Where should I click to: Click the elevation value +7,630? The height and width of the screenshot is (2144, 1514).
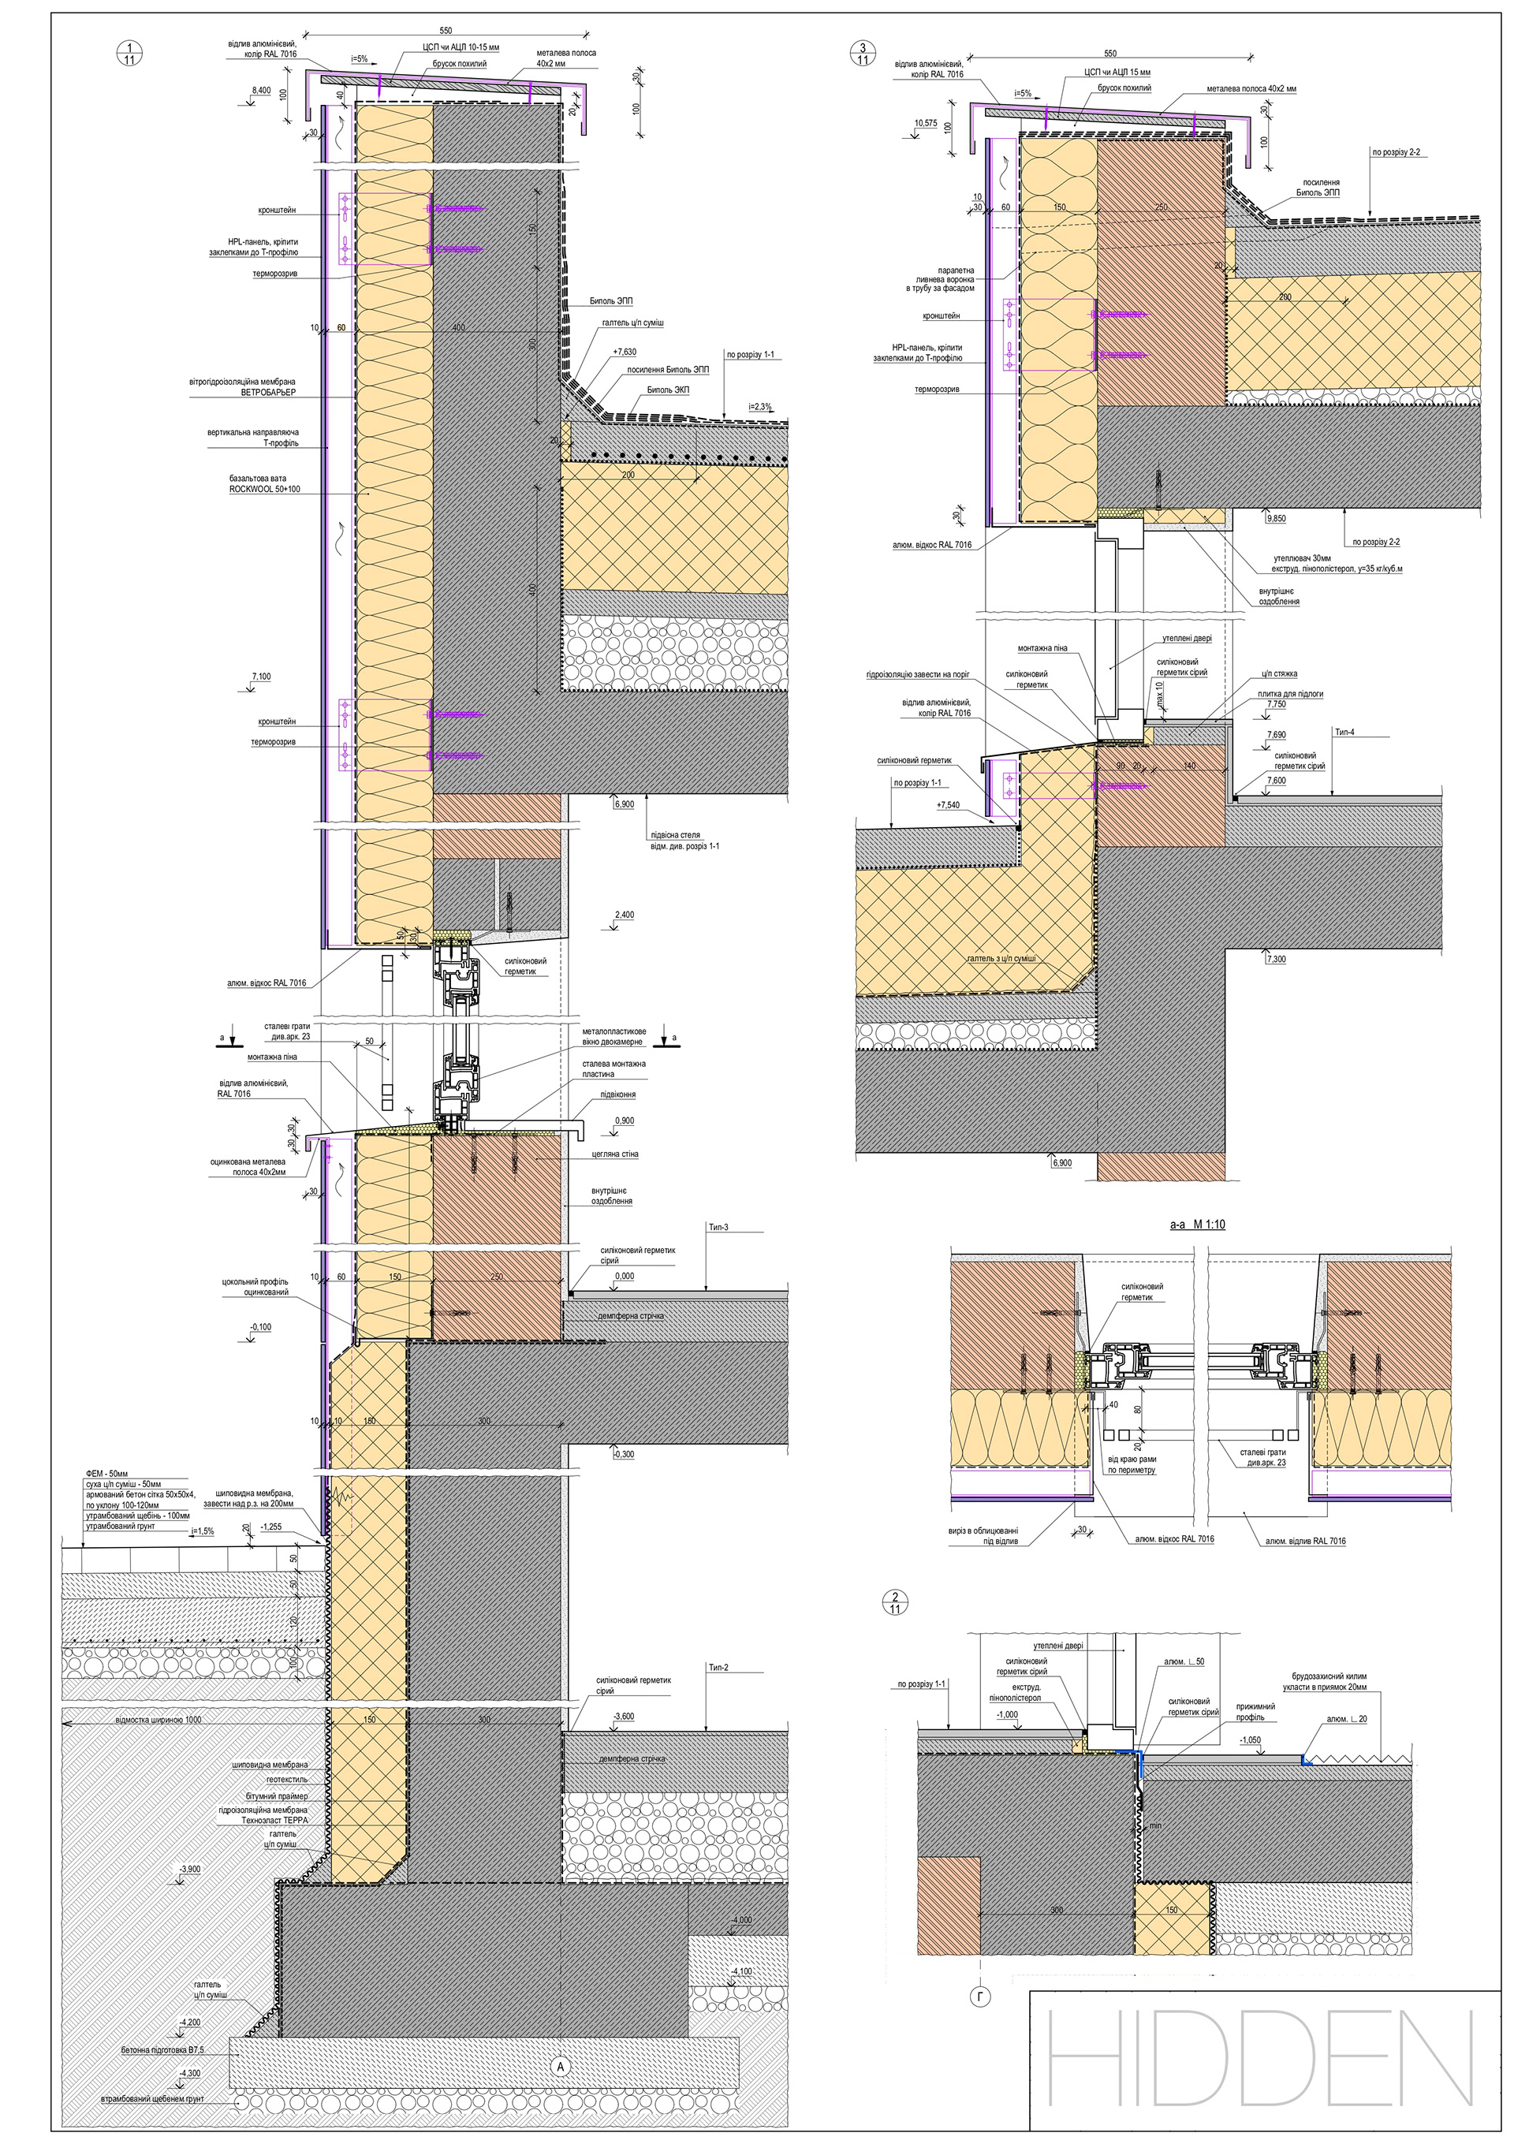point(625,352)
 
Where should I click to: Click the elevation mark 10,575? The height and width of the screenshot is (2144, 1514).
point(927,122)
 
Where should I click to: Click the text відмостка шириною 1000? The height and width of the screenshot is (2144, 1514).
point(158,1720)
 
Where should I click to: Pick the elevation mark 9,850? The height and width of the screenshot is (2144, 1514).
point(1275,516)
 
